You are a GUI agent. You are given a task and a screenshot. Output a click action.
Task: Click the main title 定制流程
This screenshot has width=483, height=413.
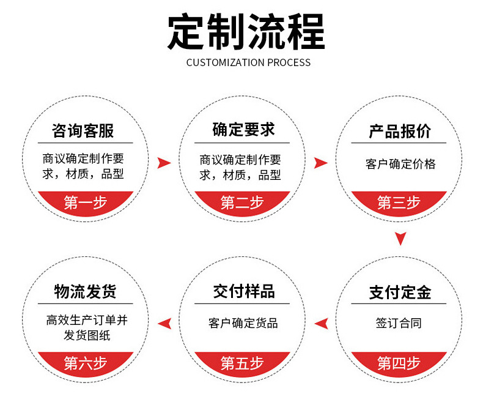pos(246,31)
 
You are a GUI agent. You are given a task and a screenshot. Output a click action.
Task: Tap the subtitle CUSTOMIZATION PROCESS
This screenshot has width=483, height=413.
pos(248,62)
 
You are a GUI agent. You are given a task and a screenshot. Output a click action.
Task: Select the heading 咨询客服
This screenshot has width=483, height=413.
pos(83,130)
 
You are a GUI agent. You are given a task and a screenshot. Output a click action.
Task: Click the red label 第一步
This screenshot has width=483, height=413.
pos(85,203)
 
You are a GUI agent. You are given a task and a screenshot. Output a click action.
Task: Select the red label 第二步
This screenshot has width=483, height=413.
pos(242,203)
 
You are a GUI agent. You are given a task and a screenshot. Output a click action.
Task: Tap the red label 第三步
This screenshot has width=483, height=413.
pos(399,203)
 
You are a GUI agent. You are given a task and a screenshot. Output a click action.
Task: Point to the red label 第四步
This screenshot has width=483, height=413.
pos(399,363)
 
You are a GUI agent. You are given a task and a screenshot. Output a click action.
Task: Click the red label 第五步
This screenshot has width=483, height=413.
pos(242,363)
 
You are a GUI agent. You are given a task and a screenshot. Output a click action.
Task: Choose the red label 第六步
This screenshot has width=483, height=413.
pos(85,363)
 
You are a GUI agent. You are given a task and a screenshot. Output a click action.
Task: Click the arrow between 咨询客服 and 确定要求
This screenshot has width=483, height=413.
pos(164,163)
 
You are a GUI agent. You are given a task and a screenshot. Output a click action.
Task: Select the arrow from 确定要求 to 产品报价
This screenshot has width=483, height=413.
pos(320,163)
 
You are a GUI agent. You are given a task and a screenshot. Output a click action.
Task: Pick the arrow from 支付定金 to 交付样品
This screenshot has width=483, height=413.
pos(321,323)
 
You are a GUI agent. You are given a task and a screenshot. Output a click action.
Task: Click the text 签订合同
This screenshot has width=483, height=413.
pos(399,323)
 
